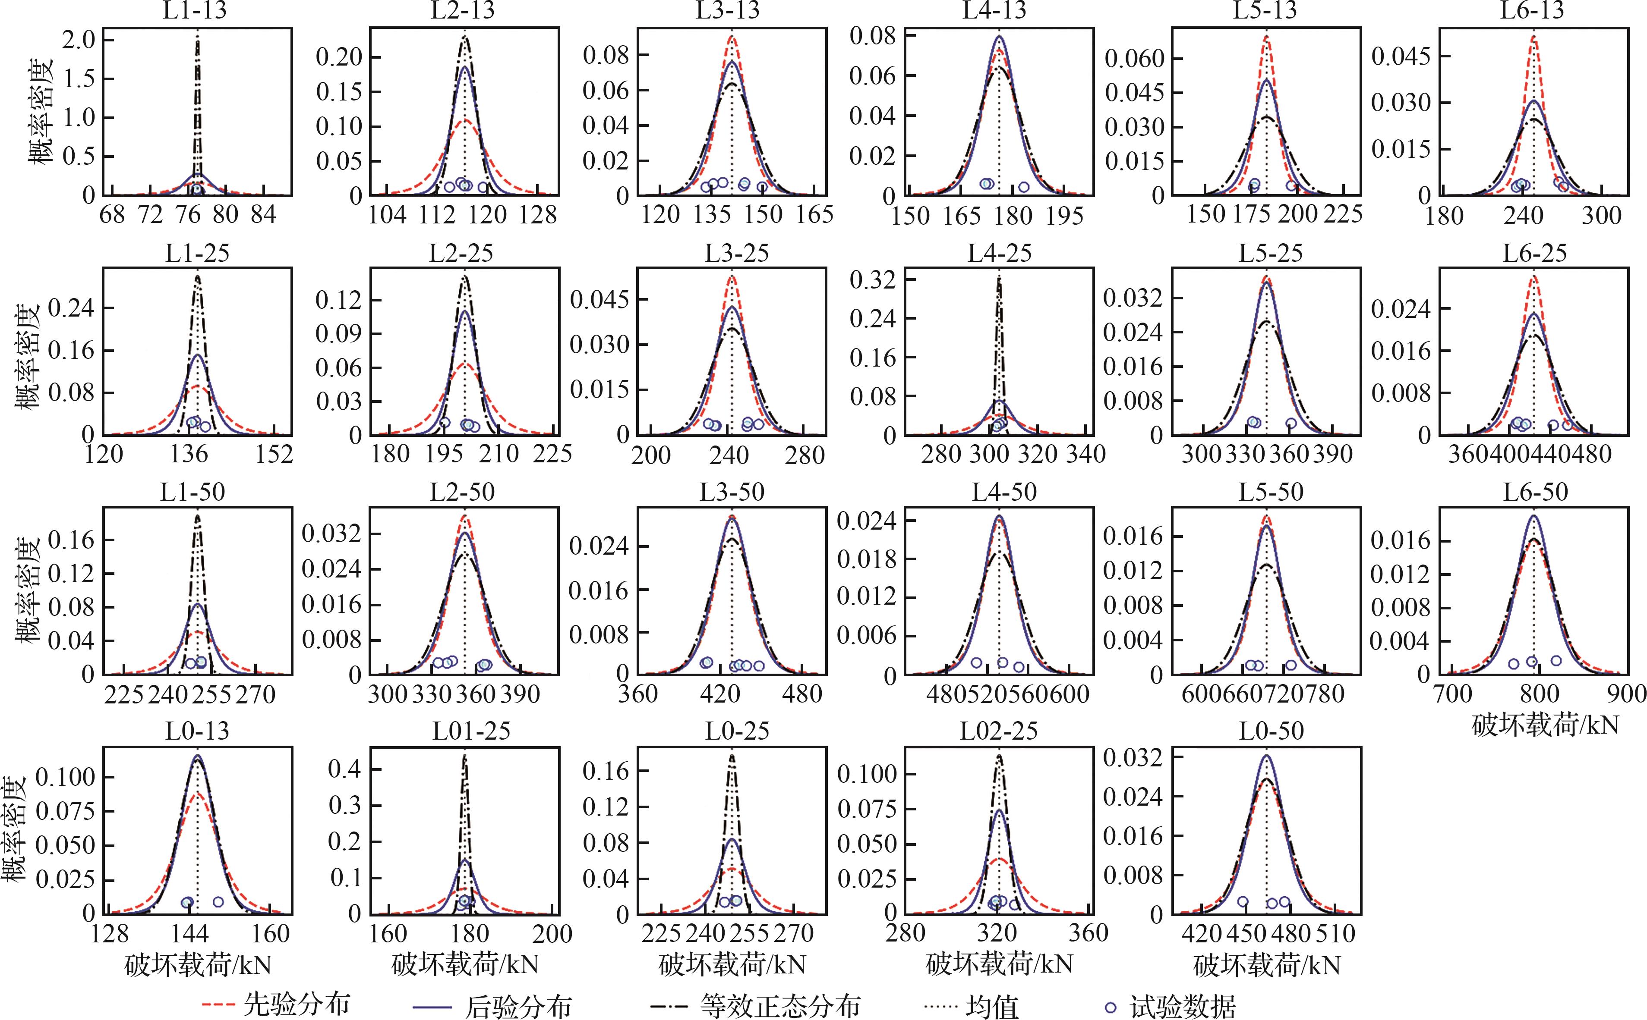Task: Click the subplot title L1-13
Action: coord(195,11)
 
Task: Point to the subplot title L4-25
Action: coord(1000,254)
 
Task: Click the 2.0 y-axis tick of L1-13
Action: coord(79,41)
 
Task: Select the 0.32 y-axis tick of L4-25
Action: coord(872,279)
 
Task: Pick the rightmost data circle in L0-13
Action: coord(218,902)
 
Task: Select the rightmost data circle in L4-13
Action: coord(1023,187)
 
